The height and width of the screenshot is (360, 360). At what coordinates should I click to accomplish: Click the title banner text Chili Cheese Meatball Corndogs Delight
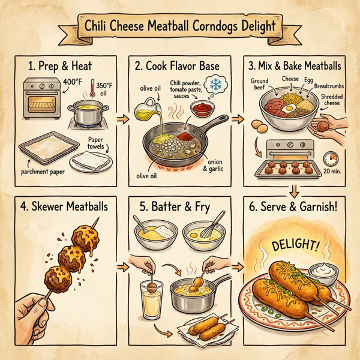point(180,28)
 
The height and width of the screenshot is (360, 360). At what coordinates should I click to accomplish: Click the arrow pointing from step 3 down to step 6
point(294,191)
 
